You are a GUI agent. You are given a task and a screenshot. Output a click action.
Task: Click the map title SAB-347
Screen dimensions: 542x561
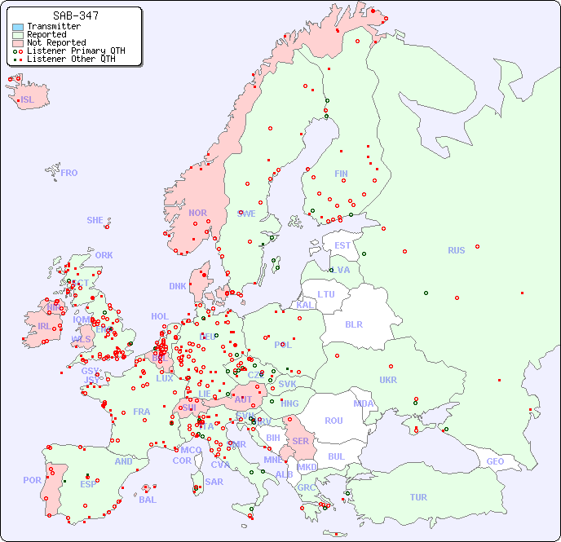(75, 15)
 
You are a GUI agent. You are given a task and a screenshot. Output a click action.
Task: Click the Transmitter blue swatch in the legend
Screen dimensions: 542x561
(18, 27)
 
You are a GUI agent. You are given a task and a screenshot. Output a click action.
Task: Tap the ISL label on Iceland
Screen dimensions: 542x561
(28, 100)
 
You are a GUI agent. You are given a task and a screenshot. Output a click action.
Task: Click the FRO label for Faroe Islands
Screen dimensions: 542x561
(69, 173)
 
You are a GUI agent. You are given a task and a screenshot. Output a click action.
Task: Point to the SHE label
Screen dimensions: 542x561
(95, 220)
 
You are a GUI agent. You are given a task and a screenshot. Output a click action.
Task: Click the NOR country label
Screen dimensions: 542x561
(197, 213)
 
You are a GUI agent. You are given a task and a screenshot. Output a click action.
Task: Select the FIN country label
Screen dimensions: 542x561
(341, 174)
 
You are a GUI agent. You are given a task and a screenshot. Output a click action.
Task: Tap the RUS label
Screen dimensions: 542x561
(456, 250)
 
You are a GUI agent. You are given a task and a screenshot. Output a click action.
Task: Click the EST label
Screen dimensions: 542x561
(342, 245)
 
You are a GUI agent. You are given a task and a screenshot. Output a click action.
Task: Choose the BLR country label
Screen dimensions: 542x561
(354, 324)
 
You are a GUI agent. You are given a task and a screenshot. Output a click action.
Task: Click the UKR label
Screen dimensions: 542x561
(388, 380)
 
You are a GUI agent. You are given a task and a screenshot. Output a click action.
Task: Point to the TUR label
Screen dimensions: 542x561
(418, 497)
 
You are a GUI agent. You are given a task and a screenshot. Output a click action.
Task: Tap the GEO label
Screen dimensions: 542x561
(495, 461)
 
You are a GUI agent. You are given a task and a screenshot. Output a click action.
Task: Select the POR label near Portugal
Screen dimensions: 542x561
(32, 480)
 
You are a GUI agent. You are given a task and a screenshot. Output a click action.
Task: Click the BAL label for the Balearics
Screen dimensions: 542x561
(148, 500)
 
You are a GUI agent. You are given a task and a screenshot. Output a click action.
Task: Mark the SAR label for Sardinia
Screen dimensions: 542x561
(214, 481)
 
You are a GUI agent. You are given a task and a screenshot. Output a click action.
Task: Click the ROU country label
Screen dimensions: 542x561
(334, 421)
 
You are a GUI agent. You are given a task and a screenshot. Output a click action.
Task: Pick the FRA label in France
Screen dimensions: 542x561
(142, 412)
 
